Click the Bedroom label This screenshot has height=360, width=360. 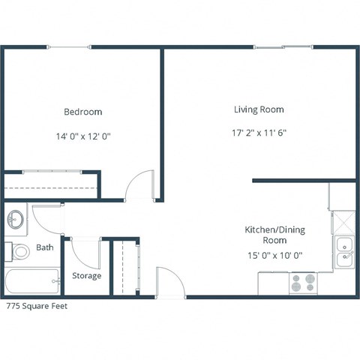[82, 112]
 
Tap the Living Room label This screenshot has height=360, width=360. [259, 109]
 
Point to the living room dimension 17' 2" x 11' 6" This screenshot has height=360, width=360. [259, 133]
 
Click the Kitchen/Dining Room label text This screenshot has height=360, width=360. [275, 235]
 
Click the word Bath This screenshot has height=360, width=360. [45, 247]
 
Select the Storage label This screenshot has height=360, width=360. [86, 276]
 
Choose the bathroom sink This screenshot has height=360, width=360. [16, 220]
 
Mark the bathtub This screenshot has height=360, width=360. [33, 283]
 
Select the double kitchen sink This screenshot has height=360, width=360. [344, 251]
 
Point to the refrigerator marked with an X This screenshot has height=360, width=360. [343, 221]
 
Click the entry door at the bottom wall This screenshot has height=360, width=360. [169, 282]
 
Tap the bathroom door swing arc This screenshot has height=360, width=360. [46, 218]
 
